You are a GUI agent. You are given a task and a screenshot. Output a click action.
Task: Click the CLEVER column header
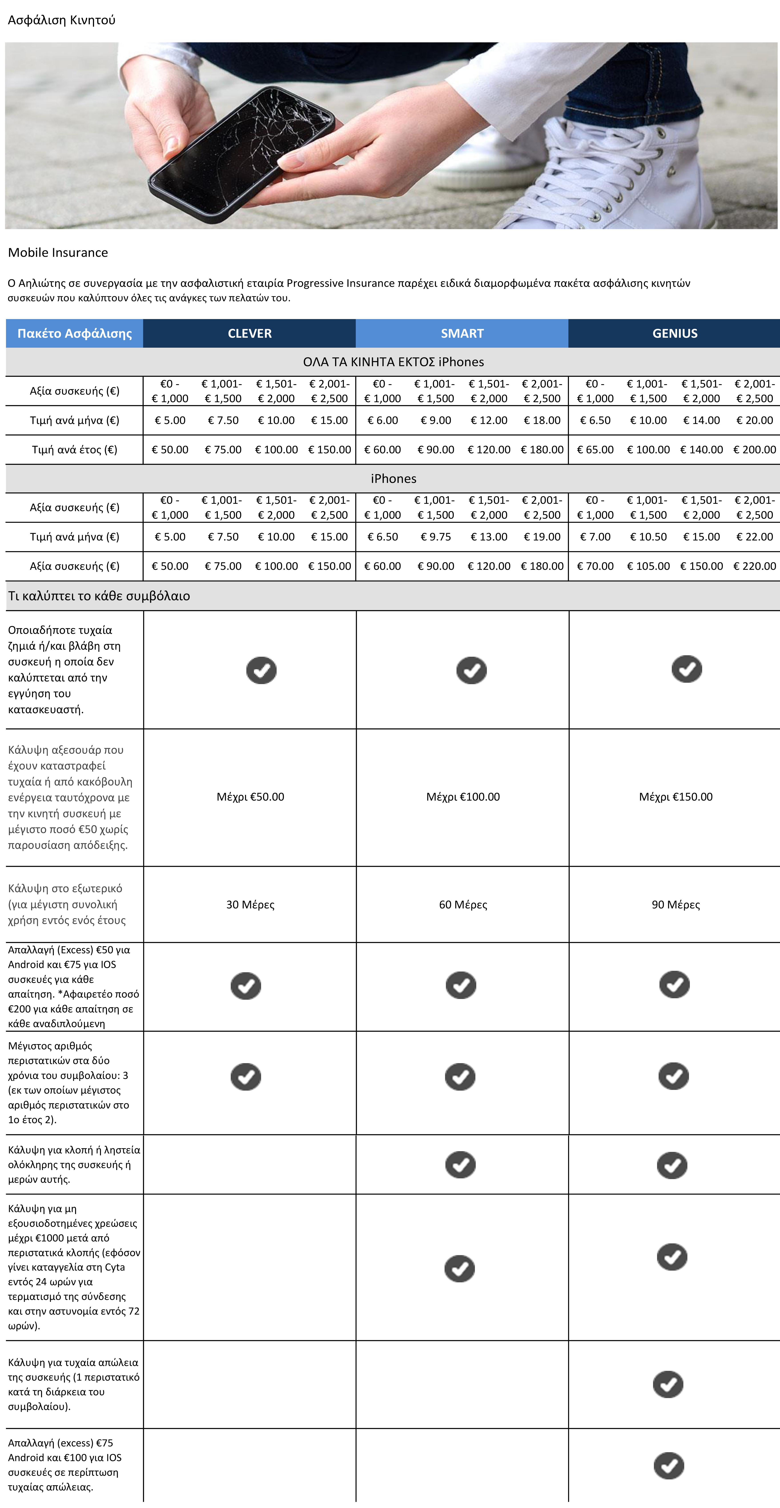click(x=249, y=333)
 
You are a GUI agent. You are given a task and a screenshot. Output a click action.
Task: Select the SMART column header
click(x=462, y=333)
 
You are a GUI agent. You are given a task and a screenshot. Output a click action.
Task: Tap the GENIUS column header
click(x=675, y=333)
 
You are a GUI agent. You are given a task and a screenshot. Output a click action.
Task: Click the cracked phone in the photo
click(x=240, y=152)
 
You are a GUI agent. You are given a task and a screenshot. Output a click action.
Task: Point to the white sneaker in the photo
click(x=621, y=170)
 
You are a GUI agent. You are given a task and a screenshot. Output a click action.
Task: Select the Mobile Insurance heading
click(x=58, y=252)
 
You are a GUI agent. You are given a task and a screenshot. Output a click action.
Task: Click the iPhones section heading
click(x=394, y=478)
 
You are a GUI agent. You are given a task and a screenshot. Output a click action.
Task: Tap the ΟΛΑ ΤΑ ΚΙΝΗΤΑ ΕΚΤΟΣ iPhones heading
click(x=394, y=362)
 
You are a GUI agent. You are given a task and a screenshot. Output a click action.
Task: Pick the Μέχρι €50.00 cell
click(x=250, y=797)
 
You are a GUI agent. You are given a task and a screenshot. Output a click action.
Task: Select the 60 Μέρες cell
click(x=463, y=904)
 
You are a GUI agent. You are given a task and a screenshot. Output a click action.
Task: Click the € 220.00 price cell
click(x=754, y=566)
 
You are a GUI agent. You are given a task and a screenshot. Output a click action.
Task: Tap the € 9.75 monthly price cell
click(x=436, y=537)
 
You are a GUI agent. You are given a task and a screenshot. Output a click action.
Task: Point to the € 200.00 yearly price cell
click(x=754, y=450)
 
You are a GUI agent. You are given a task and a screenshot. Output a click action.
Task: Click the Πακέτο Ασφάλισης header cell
click(x=74, y=333)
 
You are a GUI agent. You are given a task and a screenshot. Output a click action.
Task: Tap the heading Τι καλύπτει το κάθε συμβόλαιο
click(x=99, y=596)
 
